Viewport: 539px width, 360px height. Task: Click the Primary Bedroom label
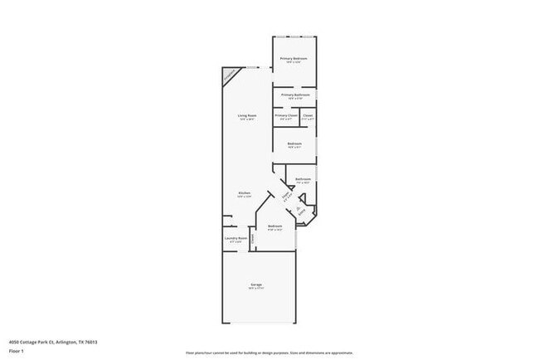(294, 58)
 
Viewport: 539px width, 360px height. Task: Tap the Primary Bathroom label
(295, 95)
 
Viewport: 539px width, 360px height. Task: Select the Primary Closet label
(286, 115)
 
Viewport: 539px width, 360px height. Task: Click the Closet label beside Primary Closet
(308, 115)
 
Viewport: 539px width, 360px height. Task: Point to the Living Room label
(246, 115)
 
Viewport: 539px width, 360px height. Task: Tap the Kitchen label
(245, 193)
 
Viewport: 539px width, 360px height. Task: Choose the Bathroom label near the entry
(303, 179)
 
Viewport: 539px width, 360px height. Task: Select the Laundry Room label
(236, 238)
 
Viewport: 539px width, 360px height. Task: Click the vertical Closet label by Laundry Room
(253, 238)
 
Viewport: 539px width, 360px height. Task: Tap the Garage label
(257, 285)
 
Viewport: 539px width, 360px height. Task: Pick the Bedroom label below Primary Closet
(294, 144)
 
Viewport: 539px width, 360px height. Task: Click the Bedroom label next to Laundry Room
(275, 226)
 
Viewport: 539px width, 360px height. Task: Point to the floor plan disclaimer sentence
(269, 352)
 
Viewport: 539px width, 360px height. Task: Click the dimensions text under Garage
(257, 289)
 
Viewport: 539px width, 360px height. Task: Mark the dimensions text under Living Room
(246, 119)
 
